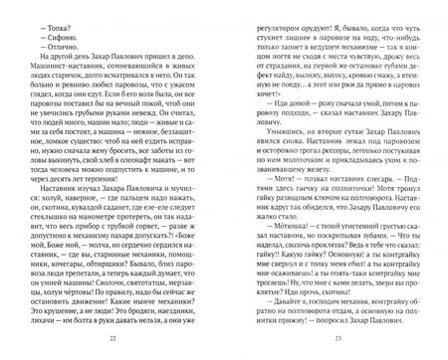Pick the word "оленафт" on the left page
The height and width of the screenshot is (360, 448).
click(x=140, y=150)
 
